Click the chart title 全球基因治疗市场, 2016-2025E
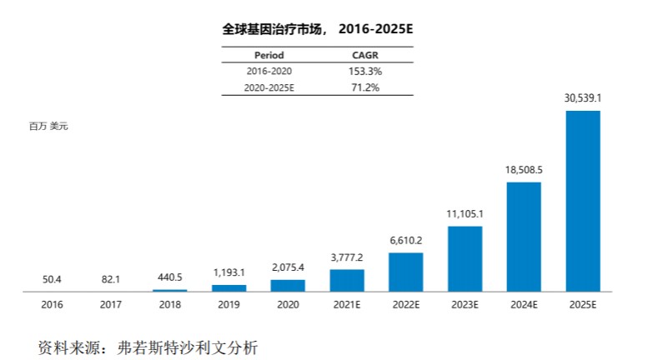(318, 29)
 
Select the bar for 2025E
(583, 200)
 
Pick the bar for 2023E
(465, 258)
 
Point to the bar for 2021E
(347, 280)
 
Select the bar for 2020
(288, 285)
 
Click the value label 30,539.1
(583, 98)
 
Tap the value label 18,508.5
(524, 170)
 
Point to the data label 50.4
(52, 277)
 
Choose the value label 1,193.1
(229, 272)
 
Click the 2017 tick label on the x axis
(111, 305)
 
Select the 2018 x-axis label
(169, 305)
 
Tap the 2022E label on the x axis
(406, 305)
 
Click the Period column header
(269, 56)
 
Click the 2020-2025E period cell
(269, 87)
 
